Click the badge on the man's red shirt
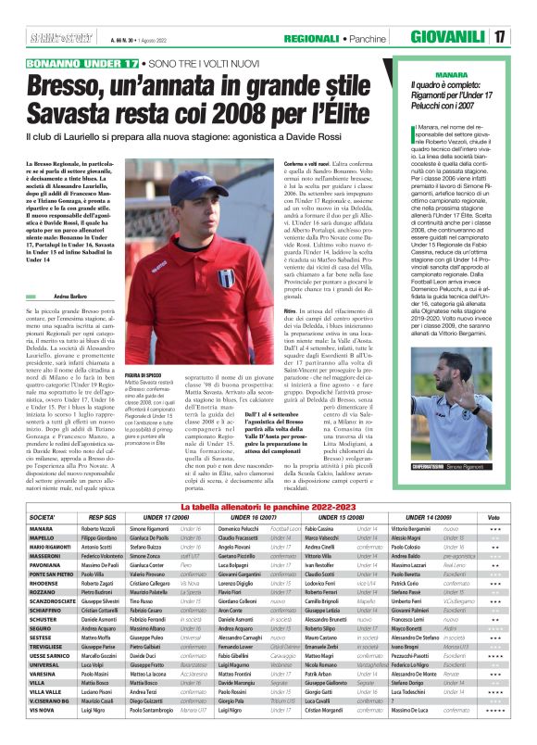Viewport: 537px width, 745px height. [x=225, y=275]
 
